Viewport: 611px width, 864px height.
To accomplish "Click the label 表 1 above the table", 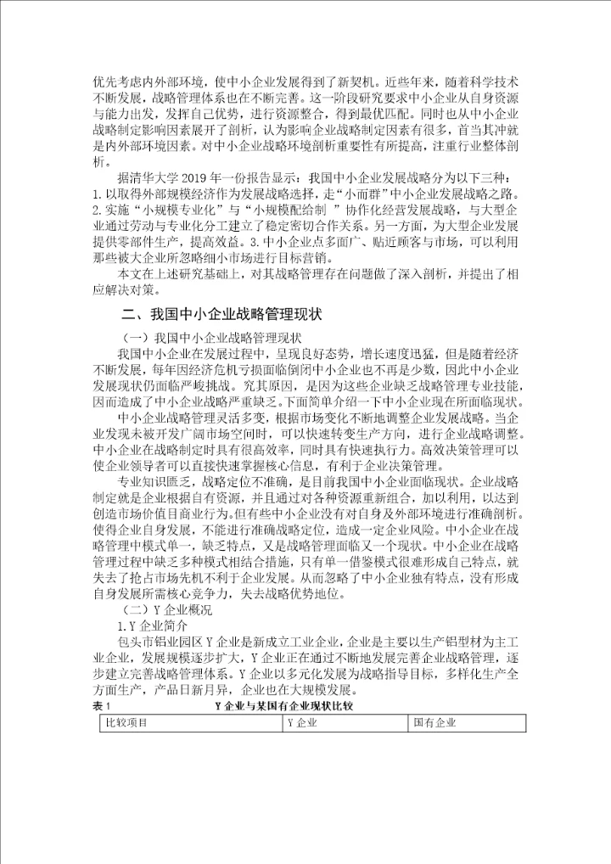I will [x=103, y=704].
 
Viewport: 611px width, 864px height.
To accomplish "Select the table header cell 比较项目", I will [x=128, y=722].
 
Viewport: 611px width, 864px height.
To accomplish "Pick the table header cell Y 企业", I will [x=301, y=722].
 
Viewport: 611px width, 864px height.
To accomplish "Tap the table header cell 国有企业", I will [x=435, y=722].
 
